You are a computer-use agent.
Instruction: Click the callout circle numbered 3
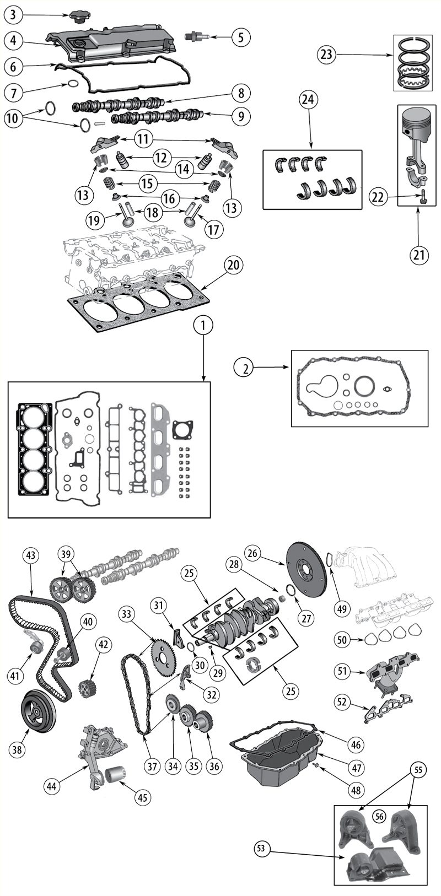tap(13, 15)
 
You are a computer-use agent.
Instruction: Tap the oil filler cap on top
tap(78, 18)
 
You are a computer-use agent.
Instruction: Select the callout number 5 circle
tap(241, 37)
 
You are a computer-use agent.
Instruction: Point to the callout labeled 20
tap(234, 265)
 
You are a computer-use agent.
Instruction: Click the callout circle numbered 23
tap(326, 54)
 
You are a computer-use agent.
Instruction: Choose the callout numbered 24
tap(308, 100)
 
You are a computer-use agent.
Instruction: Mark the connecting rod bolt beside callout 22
tap(423, 198)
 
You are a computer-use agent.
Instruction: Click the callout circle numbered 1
tap(204, 326)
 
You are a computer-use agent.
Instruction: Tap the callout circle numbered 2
tap(245, 369)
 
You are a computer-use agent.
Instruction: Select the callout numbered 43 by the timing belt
tap(31, 555)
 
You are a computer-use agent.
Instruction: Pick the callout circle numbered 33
tap(126, 614)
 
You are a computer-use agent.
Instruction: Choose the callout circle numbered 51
tap(342, 670)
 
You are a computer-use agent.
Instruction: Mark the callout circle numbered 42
tap(103, 644)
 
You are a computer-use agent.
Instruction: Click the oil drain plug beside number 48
tap(316, 764)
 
